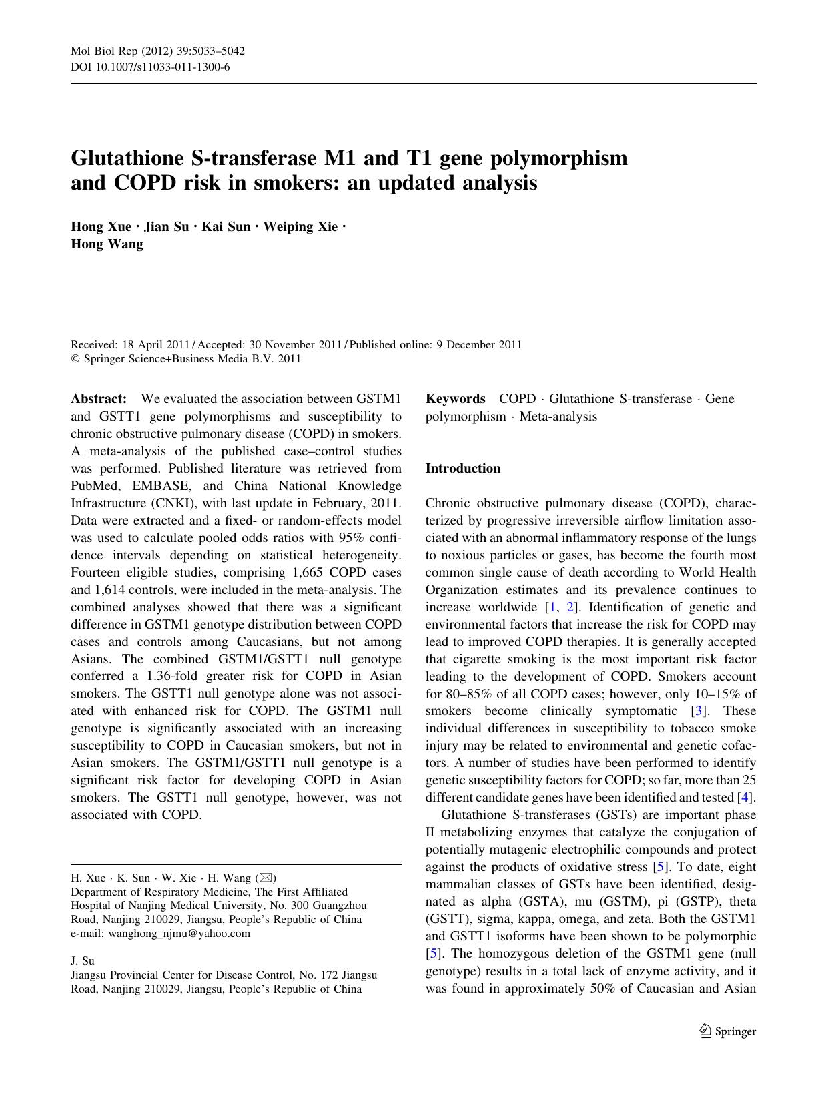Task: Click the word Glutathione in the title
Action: (x=127, y=158)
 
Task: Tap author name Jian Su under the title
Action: (x=166, y=226)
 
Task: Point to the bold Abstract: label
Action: (x=99, y=399)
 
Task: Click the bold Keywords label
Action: (x=456, y=399)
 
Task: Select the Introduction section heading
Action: (x=463, y=469)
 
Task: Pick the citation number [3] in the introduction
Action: (x=699, y=711)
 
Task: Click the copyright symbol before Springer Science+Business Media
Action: (x=75, y=359)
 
